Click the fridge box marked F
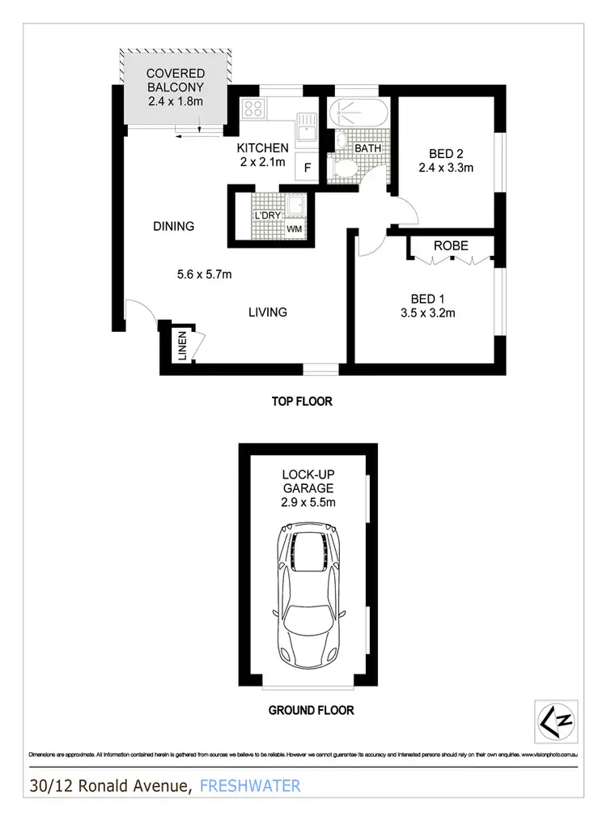pos(308,168)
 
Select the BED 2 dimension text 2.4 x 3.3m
pos(445,168)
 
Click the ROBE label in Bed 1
pos(451,245)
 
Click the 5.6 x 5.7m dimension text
pos(205,274)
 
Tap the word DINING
pos(174,227)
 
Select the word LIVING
pos(267,312)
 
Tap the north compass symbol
pos(557,717)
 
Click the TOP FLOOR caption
pos(302,401)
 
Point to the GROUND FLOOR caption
pos(311,711)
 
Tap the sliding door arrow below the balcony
pos(189,135)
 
